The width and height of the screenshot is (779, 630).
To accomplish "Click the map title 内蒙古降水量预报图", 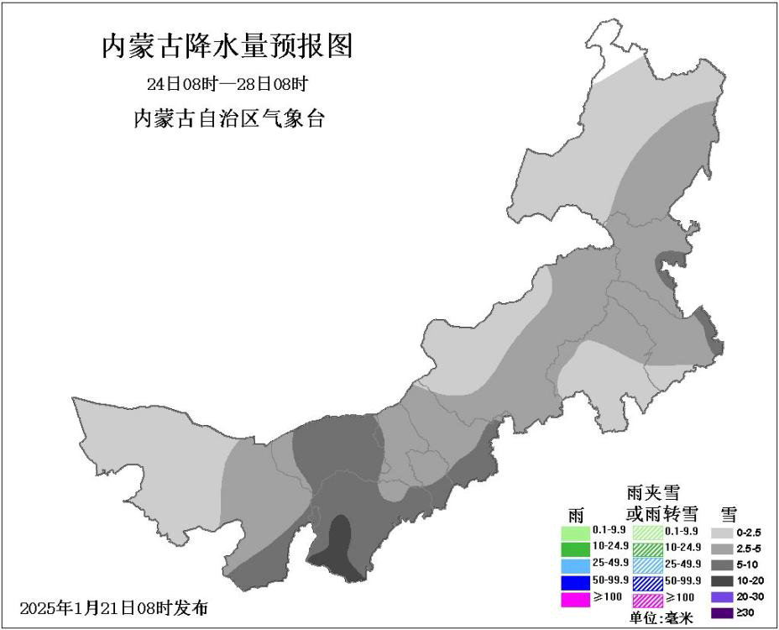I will click(x=227, y=47).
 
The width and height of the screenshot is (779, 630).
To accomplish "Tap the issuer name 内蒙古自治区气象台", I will click(x=229, y=119).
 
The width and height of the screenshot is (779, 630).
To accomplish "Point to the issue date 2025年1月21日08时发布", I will click(x=113, y=606).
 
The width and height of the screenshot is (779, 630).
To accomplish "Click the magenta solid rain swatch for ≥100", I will click(x=576, y=599).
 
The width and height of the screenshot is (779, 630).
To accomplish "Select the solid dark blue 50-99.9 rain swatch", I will click(x=576, y=581).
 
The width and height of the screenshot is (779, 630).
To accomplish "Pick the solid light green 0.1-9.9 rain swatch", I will click(x=576, y=533).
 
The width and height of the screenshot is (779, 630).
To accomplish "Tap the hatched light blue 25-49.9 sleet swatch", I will click(x=647, y=564).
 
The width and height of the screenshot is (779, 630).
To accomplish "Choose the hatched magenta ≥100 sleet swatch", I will click(x=647, y=600).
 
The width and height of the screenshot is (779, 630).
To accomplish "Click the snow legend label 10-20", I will click(x=748, y=581).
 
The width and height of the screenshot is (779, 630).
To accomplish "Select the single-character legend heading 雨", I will click(x=576, y=514).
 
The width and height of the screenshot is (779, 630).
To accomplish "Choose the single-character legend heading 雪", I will click(x=729, y=514).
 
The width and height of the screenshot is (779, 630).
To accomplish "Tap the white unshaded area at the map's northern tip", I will click(x=617, y=50).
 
